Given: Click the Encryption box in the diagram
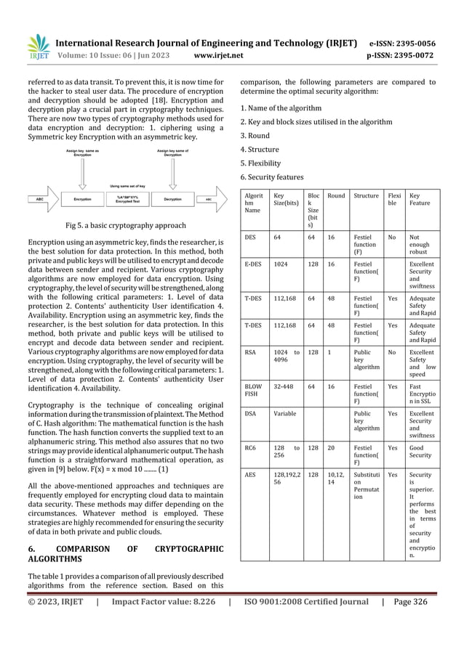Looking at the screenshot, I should click(87, 197).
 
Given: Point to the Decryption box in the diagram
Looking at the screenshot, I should click(172, 197).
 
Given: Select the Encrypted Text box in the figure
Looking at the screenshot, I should click(129, 197).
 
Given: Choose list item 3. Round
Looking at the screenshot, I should click(255, 136).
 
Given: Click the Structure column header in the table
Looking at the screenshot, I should click(365, 195).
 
